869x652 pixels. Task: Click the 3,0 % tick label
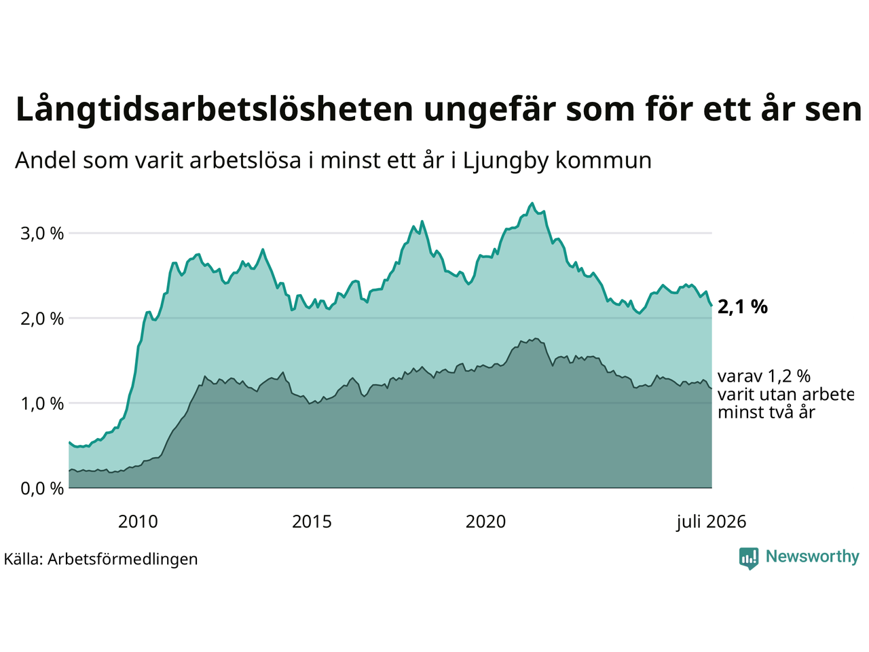click(x=42, y=234)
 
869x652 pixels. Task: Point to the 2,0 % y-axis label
click(x=42, y=319)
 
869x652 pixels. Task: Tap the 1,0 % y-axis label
click(x=42, y=404)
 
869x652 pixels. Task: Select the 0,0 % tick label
click(x=42, y=488)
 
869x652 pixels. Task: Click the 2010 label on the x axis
click(x=138, y=522)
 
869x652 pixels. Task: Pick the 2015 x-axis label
click(x=312, y=522)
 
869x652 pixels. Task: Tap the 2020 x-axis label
click(x=485, y=522)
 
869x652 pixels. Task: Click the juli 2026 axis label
click(x=711, y=522)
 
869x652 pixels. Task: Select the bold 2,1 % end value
click(x=742, y=307)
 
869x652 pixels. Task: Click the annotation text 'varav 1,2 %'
click(x=764, y=376)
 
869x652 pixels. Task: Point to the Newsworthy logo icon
click(x=749, y=558)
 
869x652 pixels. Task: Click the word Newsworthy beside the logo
click(x=813, y=557)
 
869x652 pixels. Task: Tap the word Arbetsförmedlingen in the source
click(x=122, y=560)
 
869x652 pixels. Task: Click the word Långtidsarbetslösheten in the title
click(x=214, y=109)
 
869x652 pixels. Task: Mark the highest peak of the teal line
click(x=532, y=203)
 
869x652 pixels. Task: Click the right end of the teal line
click(x=711, y=305)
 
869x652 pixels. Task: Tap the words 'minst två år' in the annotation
click(x=766, y=412)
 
